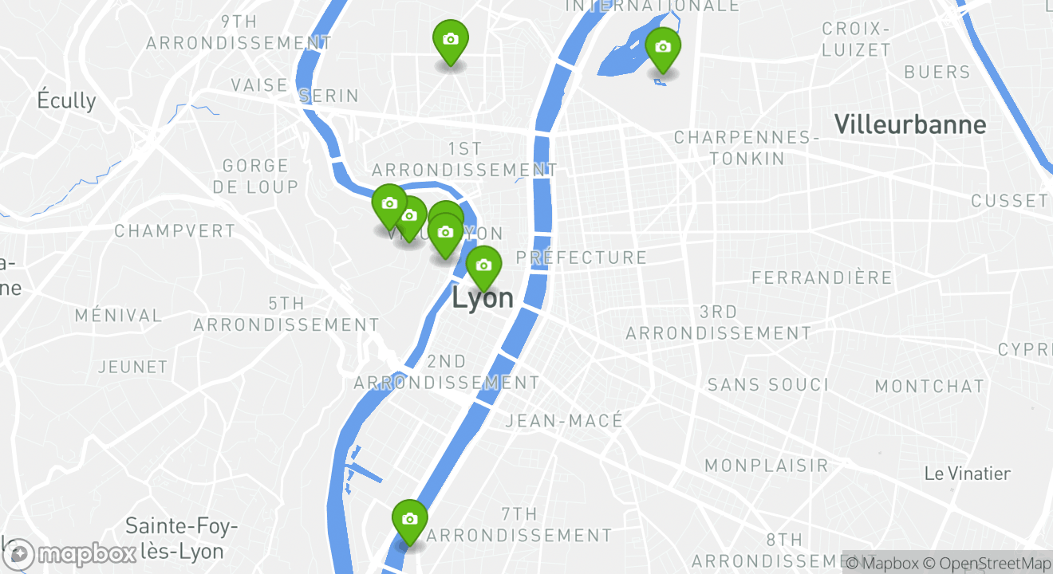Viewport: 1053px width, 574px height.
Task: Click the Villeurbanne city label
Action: tap(909, 124)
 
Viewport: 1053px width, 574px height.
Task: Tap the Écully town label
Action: tap(66, 100)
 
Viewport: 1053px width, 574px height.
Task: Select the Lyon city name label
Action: tap(483, 298)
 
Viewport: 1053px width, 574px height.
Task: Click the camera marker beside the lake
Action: tap(662, 47)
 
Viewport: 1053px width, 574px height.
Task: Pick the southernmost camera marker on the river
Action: tap(409, 519)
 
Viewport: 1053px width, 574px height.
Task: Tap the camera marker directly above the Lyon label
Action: tap(483, 265)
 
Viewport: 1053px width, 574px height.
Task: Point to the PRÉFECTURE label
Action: tap(581, 258)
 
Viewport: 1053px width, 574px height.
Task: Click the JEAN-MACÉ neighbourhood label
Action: tap(564, 421)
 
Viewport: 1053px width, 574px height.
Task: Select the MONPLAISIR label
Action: tap(767, 465)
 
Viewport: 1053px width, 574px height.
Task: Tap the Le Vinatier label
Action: tap(967, 474)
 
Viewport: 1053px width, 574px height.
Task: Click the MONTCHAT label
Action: tap(929, 387)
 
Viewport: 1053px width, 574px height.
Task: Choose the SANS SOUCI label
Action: tap(768, 385)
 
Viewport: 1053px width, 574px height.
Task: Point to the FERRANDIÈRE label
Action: tap(822, 277)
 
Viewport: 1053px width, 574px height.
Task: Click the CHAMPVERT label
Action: tap(175, 231)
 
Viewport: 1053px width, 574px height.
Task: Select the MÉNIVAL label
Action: tap(118, 316)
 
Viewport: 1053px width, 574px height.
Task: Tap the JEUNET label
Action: tap(132, 368)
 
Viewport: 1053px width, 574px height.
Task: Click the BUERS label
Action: tap(937, 73)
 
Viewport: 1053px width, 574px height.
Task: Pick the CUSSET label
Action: tap(1009, 201)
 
